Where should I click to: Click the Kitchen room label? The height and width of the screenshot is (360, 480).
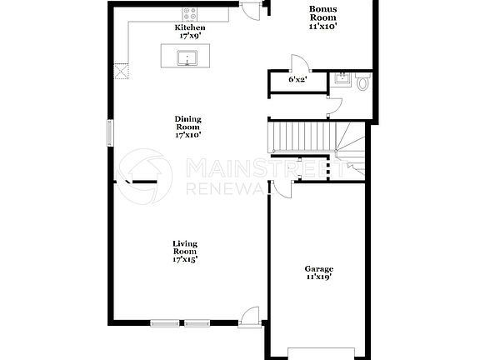(x=189, y=27)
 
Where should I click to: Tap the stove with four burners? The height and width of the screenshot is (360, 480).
(x=190, y=14)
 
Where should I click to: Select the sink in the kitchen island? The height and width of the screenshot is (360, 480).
(x=187, y=57)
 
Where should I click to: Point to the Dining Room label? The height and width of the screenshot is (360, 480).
(x=188, y=122)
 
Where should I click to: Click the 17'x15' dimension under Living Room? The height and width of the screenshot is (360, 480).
(x=185, y=259)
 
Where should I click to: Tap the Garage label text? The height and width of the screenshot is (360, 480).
(x=318, y=268)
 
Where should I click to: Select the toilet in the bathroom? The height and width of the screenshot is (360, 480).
(x=362, y=82)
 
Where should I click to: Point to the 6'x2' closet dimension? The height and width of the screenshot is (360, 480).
(x=297, y=80)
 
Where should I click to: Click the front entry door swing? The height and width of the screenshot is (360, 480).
(x=247, y=314)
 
